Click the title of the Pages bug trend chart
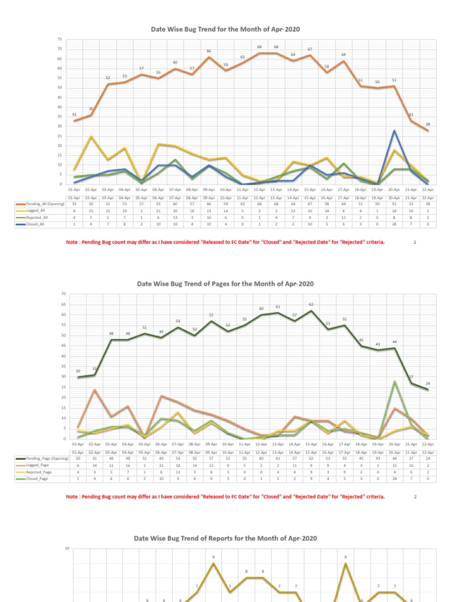225,283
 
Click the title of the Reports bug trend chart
225,538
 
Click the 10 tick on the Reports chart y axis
66,549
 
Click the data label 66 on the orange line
208,51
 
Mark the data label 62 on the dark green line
311,305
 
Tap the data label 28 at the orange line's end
428,124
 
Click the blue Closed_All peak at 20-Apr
395,131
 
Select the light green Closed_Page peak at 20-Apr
395,382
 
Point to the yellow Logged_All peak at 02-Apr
91,136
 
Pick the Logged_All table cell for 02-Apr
91,210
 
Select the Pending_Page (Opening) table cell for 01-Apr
78,458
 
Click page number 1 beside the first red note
415,241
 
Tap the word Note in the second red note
72,496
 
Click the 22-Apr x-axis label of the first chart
428,190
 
